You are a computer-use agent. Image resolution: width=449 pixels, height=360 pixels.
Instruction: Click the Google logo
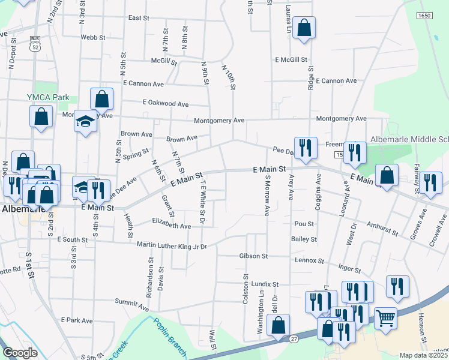20,353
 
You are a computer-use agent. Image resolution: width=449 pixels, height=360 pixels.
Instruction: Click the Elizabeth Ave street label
172,226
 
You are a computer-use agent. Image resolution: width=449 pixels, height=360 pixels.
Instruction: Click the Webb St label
93,37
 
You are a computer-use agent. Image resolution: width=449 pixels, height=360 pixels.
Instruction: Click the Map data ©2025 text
424,355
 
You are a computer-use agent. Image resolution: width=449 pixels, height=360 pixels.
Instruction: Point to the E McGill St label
291,60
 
